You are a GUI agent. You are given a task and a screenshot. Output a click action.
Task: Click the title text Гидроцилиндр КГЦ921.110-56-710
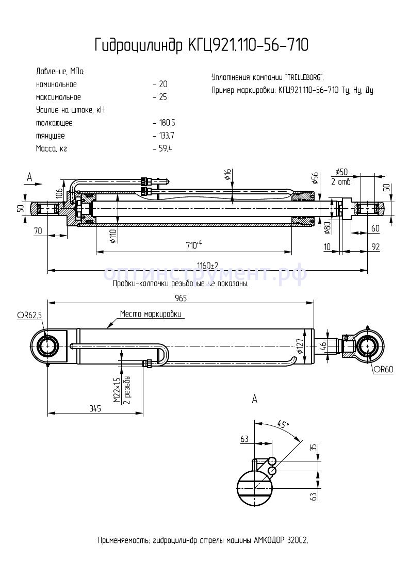click(x=202, y=45)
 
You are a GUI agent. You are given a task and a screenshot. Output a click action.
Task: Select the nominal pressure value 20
click(x=163, y=84)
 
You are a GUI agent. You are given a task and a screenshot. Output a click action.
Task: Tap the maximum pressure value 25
click(x=163, y=97)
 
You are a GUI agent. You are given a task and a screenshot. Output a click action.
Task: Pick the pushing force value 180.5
click(x=167, y=123)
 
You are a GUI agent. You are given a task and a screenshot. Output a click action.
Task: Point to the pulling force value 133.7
click(x=167, y=136)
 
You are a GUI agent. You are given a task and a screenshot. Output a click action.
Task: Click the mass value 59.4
click(x=165, y=148)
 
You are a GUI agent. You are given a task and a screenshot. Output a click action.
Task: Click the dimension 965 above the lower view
click(x=180, y=298)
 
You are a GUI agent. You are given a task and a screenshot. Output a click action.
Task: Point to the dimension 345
click(x=95, y=408)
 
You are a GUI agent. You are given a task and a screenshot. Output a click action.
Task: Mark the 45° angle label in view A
click(x=283, y=425)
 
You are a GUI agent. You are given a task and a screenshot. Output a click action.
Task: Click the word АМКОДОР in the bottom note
click(x=271, y=540)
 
